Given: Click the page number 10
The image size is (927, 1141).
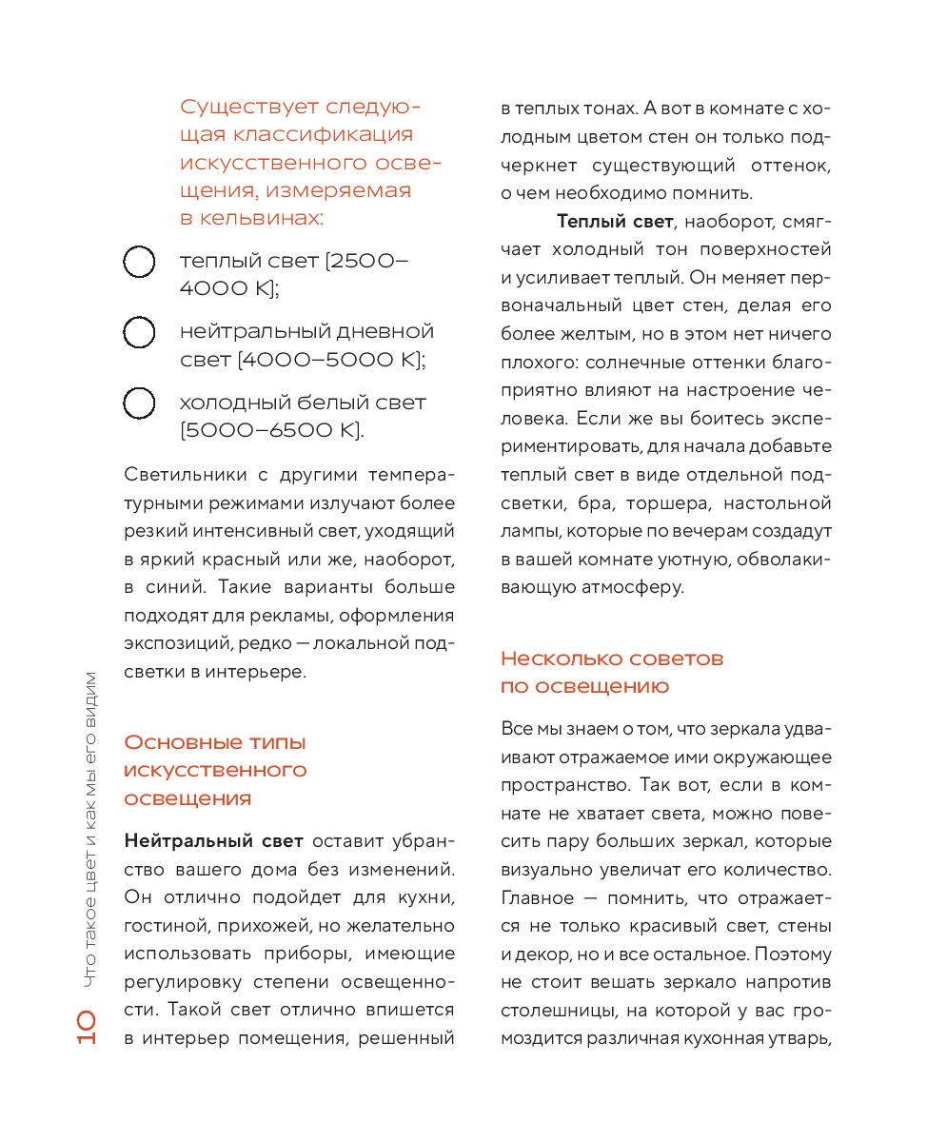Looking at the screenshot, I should point(85,1030).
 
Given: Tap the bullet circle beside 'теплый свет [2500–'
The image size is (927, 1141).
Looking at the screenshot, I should point(139,262).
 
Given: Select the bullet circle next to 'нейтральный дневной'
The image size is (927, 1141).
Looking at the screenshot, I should point(139,332).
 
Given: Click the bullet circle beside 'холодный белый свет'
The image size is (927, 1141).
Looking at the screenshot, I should point(139,403).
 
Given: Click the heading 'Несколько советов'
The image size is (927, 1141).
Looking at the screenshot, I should point(612,659).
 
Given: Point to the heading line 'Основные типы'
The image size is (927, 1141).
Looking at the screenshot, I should point(215,742).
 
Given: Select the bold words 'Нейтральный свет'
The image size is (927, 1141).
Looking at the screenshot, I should point(214,841).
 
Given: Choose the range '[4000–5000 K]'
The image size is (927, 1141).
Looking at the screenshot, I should point(331,361).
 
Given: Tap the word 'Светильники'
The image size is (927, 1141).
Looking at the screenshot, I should point(183,475).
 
